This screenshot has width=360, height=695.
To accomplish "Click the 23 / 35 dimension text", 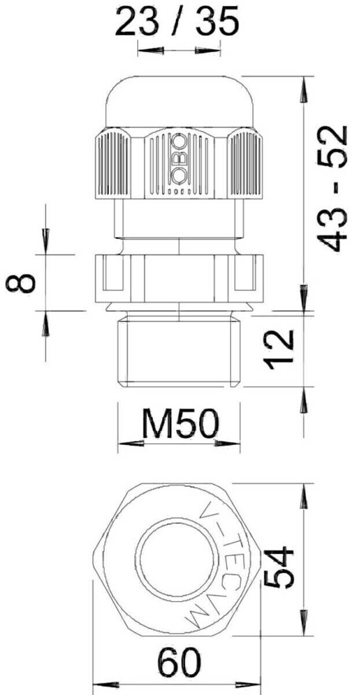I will (177, 23).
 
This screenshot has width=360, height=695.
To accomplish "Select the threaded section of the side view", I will (179, 350).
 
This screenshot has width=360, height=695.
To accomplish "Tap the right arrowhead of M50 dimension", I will (226, 444).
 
